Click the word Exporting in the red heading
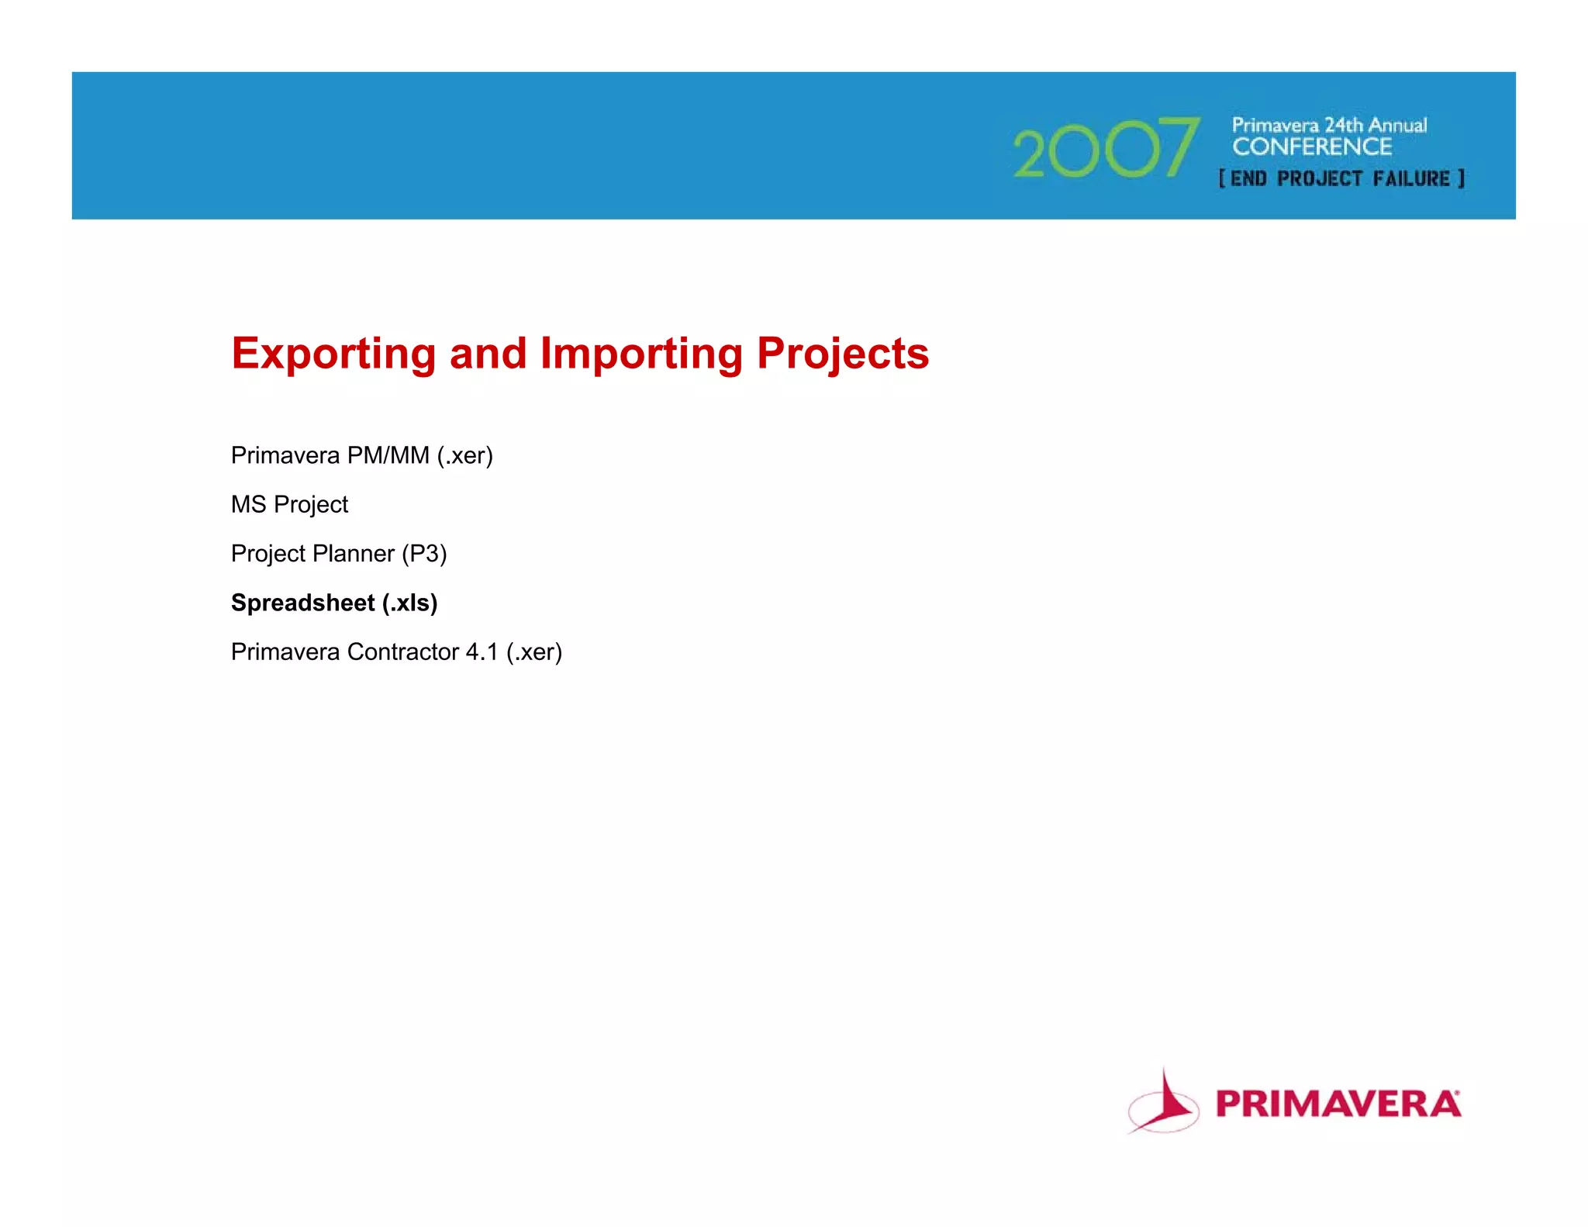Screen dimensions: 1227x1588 pyautogui.click(x=333, y=354)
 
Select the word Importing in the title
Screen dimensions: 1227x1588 pyautogui.click(x=640, y=354)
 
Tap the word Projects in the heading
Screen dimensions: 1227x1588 pyautogui.click(x=842, y=354)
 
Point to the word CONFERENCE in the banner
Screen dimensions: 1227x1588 pyautogui.click(x=1312, y=147)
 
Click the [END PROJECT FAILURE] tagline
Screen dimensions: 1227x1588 pyautogui.click(x=1341, y=178)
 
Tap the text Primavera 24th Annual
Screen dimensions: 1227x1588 pyautogui.click(x=1329, y=125)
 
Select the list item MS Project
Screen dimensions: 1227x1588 pyautogui.click(x=289, y=505)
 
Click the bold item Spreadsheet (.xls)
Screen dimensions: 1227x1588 pyautogui.click(x=333, y=603)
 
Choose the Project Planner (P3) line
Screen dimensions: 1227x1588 pyautogui.click(x=339, y=554)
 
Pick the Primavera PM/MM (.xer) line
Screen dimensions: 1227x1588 pyautogui.click(x=361, y=455)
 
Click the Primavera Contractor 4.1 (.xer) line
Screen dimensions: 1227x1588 pyautogui.click(x=396, y=652)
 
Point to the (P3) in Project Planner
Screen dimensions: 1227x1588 pyautogui.click(x=424, y=554)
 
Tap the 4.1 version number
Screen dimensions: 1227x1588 pyautogui.click(x=482, y=652)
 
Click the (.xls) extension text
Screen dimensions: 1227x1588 pyautogui.click(x=409, y=603)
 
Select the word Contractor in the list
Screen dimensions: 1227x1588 pyautogui.click(x=402, y=652)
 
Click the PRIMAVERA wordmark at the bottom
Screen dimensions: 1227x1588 pyautogui.click(x=1338, y=1104)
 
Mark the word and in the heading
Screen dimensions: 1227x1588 pyautogui.click(x=488, y=354)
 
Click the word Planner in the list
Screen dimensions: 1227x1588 pyautogui.click(x=353, y=554)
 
